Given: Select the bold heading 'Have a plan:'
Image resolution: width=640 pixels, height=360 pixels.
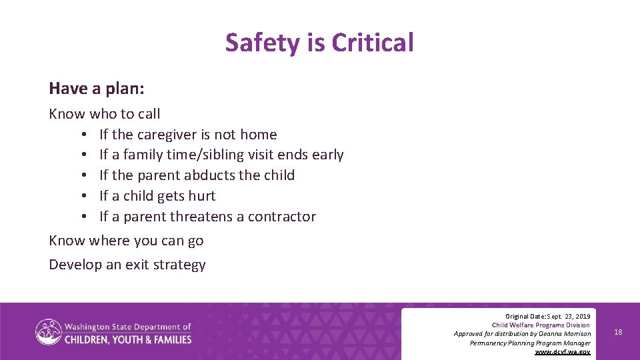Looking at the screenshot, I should tap(96, 88).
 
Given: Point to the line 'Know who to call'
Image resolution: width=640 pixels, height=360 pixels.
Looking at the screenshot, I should tap(105, 114).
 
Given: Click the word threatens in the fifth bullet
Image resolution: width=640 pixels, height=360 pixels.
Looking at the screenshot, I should tap(201, 217).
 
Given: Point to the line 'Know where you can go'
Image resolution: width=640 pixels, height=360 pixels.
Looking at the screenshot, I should tap(126, 241).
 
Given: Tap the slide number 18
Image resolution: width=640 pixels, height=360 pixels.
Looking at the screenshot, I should tap(618, 332).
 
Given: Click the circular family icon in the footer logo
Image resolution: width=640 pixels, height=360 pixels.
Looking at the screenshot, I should tap(48, 332).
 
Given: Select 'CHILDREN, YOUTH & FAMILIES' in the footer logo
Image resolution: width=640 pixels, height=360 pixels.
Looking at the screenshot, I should tap(127, 339).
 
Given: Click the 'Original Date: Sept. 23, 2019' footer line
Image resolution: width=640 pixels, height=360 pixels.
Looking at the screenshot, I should tap(547, 315).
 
